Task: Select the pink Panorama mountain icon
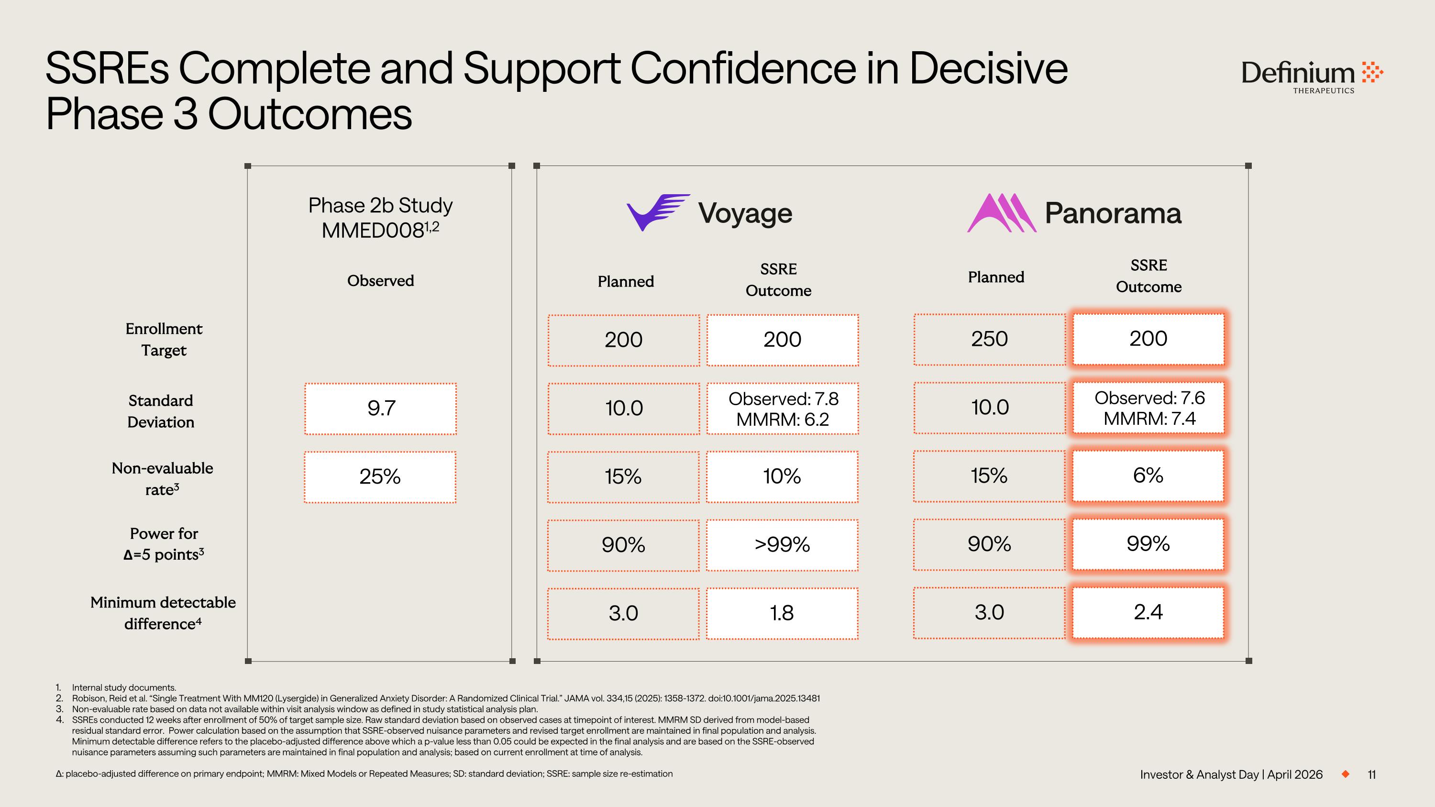1001,213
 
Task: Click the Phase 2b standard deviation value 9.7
380,408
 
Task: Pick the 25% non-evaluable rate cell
380,477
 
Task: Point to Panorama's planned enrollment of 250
989,339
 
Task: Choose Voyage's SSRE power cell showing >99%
782,545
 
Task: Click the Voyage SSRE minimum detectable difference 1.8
782,613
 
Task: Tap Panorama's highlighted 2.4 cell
1148,612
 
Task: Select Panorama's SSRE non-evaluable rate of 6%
1148,475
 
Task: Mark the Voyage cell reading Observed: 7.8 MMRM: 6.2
783,409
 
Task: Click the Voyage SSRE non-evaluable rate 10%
782,477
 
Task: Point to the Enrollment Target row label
164,339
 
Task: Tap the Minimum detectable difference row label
163,613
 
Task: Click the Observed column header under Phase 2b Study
380,281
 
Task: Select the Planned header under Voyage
626,282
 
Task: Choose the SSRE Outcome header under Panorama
1148,276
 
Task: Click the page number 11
1371,774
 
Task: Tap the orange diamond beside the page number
1346,774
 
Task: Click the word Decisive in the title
988,68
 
